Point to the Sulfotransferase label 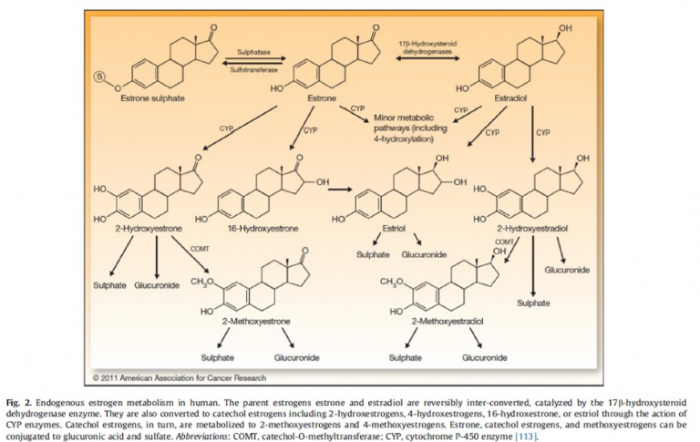(254, 68)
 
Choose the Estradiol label (500, 97)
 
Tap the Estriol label (395, 229)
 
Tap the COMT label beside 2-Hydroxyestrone (201, 248)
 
